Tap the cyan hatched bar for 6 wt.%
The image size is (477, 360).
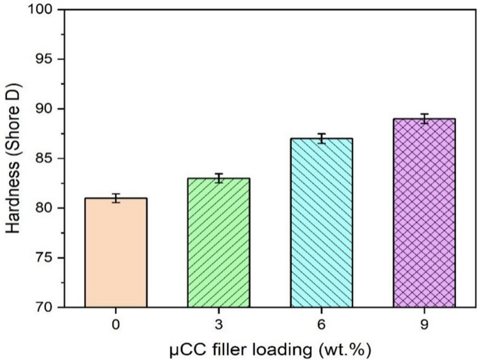click(322, 223)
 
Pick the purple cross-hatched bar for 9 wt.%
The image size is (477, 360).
click(424, 212)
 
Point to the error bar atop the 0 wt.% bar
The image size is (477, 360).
click(116, 198)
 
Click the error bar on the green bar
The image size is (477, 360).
click(219, 178)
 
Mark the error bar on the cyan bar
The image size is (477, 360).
click(322, 138)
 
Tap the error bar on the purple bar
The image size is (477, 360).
click(424, 118)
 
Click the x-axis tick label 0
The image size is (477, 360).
click(116, 323)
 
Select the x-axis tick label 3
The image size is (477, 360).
click(219, 323)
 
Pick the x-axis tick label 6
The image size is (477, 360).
click(322, 323)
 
